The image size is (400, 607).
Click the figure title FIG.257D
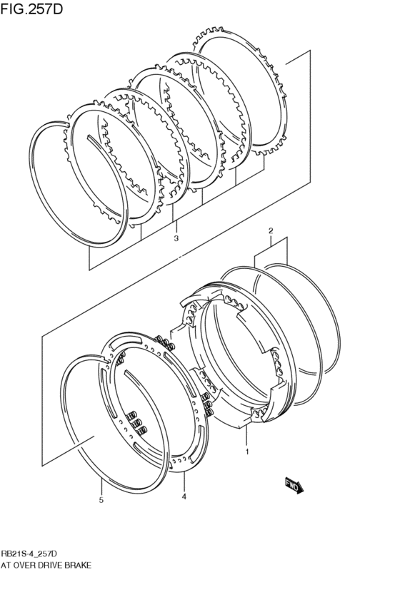tap(31, 9)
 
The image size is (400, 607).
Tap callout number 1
tap(247, 452)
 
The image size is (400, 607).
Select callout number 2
tap(271, 231)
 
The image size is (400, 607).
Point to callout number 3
tap(176, 238)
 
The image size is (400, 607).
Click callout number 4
tap(184, 496)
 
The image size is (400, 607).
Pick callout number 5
tap(101, 500)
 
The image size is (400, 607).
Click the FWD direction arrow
tap(294, 485)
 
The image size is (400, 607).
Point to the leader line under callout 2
tap(271, 243)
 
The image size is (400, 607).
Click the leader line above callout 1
tap(246, 436)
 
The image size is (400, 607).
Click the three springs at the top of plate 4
tap(165, 342)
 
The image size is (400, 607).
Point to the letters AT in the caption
tap(6, 566)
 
